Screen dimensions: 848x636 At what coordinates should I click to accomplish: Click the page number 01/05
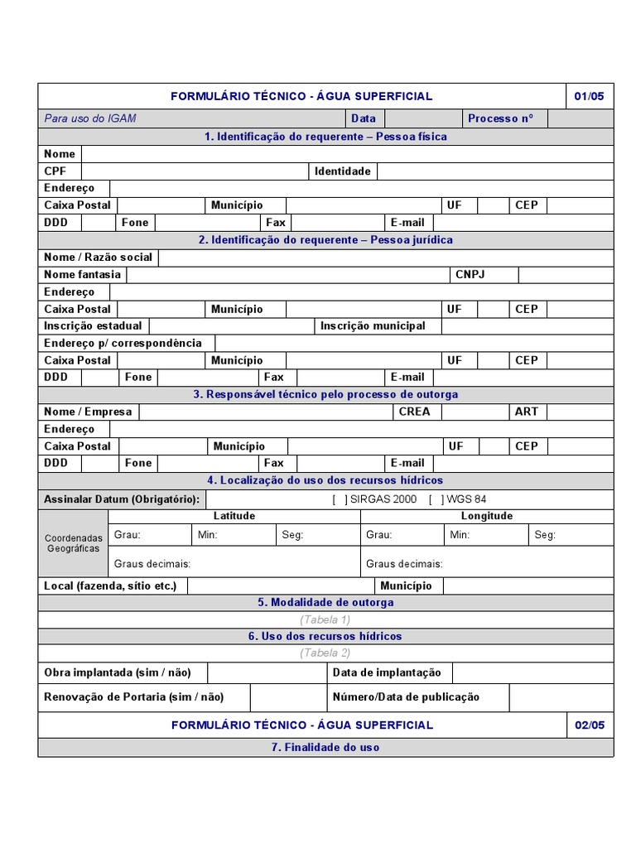point(589,96)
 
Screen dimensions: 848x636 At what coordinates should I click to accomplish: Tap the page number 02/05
point(589,725)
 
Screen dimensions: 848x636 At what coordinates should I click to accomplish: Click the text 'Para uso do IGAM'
point(90,118)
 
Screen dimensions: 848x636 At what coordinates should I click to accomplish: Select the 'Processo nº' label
point(501,118)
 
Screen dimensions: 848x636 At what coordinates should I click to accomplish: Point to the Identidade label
point(342,171)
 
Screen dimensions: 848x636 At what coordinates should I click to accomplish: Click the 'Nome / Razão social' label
point(99,257)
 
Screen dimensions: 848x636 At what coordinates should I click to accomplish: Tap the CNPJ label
point(470,274)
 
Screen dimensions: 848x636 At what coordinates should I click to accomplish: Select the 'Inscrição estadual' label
point(93,325)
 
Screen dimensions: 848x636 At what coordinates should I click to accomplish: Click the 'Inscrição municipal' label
point(373,325)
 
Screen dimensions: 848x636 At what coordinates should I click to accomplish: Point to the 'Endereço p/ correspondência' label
point(123,343)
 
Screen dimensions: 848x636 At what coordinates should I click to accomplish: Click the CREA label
point(414,411)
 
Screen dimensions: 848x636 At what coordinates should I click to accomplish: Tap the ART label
point(527,411)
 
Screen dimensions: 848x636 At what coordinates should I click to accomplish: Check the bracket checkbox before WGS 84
point(436,499)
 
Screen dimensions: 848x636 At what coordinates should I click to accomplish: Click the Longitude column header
point(487,516)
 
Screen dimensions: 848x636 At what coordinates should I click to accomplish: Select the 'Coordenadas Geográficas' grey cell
point(73,543)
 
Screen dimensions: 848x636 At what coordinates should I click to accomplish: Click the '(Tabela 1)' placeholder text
point(325,619)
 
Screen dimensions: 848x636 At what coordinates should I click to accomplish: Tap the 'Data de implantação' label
point(387,672)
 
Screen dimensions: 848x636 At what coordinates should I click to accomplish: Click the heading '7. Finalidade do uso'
point(325,747)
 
